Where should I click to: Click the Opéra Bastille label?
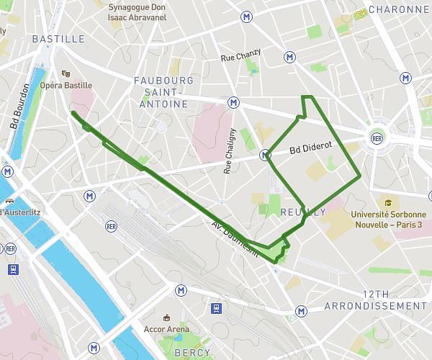tap(66, 85)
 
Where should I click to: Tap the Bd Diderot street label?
tap(310, 147)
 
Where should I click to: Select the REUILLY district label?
tap(303, 212)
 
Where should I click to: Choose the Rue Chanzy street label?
tap(240, 57)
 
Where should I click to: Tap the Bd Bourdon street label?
tap(20, 106)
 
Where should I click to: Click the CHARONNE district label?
tap(398, 10)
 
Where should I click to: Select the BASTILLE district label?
tap(58, 39)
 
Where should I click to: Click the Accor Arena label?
tap(167, 332)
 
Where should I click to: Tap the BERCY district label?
tap(192, 353)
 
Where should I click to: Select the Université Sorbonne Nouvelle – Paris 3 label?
tap(389, 219)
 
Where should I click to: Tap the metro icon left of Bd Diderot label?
tap(265, 154)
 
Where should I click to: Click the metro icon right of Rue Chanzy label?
tap(289, 56)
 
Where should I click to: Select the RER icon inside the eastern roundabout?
tap(377, 138)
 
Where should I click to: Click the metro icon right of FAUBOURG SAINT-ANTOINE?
tap(233, 102)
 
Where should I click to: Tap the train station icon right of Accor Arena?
tap(216, 308)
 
